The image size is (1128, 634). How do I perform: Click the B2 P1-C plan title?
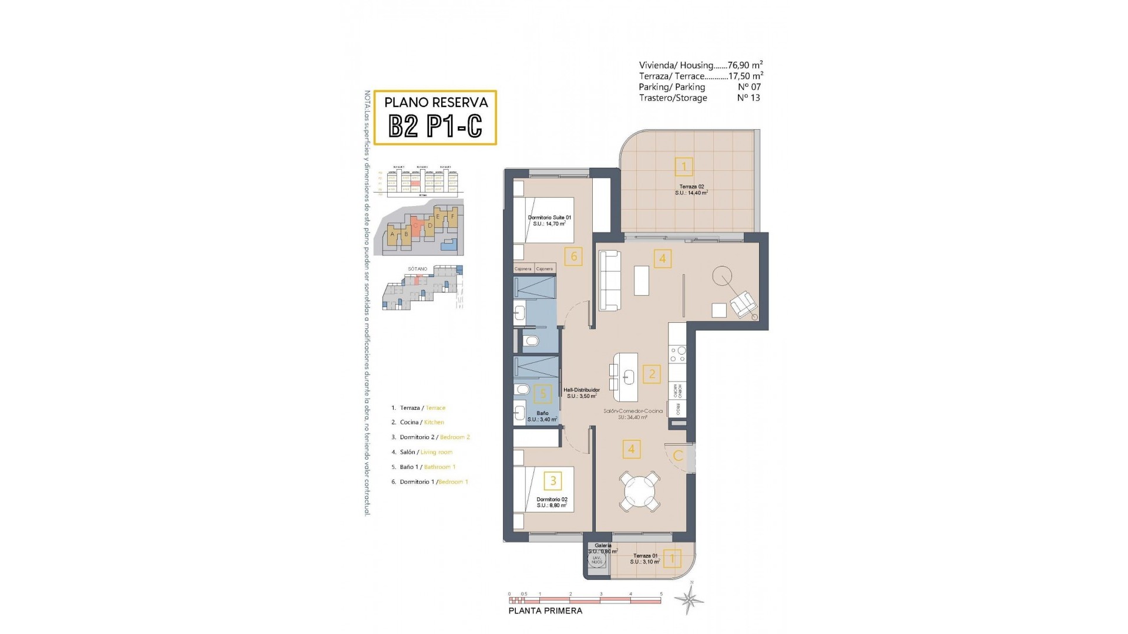point(435,125)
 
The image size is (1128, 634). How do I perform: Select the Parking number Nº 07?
point(748,87)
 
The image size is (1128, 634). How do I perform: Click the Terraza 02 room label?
point(691,187)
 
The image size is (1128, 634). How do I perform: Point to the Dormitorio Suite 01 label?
point(549,218)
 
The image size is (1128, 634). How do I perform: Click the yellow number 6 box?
point(573,256)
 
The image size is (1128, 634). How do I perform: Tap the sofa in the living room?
point(610,281)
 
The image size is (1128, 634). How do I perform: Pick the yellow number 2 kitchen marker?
point(652,374)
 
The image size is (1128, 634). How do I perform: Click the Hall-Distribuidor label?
point(581,390)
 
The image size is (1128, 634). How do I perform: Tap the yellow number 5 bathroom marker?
point(543,394)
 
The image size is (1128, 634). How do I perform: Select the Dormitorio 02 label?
point(552,500)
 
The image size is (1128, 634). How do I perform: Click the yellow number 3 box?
point(553,481)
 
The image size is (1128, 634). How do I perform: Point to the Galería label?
point(603,545)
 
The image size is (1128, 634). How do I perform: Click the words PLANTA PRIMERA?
point(545,611)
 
